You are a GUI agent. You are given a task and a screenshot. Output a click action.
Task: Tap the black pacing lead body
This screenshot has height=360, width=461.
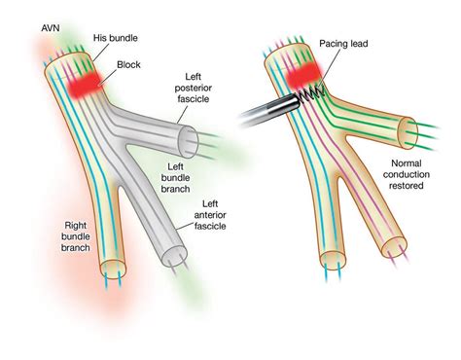[263, 108]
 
